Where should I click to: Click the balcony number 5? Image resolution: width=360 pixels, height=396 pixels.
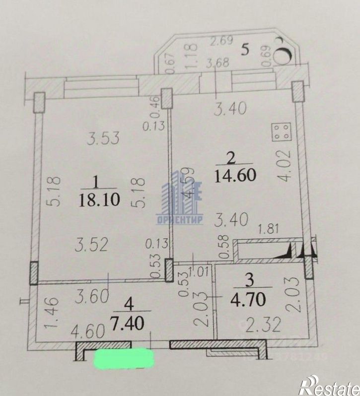tap(245, 49)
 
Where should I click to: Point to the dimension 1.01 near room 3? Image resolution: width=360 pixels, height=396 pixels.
tap(200, 270)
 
